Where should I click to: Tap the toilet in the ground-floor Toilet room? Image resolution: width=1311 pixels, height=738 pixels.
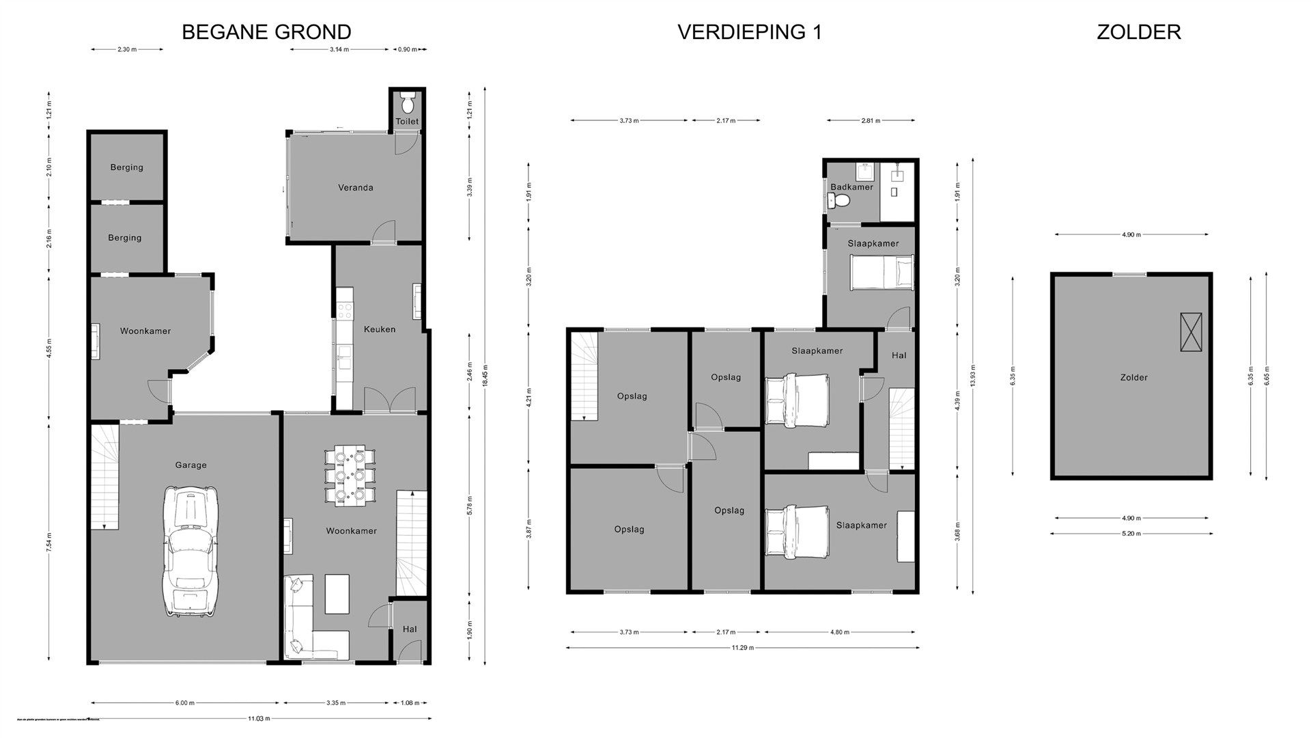[408, 103]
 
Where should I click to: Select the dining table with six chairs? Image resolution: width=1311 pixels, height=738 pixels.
[349, 475]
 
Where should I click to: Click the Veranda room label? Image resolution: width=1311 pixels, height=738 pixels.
[356, 187]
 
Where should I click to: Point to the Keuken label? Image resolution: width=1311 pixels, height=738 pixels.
[380, 329]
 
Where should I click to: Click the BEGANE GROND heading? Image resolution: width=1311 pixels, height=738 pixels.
[266, 31]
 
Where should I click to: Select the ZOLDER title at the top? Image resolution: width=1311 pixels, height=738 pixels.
[1138, 31]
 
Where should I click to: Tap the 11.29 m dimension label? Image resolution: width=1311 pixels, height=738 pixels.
[743, 648]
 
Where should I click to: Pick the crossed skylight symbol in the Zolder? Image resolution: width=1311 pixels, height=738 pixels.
[1191, 332]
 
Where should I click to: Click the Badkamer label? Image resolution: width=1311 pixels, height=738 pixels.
[851, 187]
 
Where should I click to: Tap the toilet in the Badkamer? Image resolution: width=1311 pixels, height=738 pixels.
[838, 201]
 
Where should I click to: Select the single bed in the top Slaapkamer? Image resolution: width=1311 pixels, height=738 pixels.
[882, 271]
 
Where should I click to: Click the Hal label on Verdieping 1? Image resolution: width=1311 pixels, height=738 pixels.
[899, 355]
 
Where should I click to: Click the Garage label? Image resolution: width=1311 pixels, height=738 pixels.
[191, 465]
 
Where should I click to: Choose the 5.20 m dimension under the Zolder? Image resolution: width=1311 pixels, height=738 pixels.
[1131, 534]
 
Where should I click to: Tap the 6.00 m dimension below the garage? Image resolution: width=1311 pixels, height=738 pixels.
[184, 702]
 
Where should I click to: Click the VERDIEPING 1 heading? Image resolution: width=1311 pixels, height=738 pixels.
[749, 31]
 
